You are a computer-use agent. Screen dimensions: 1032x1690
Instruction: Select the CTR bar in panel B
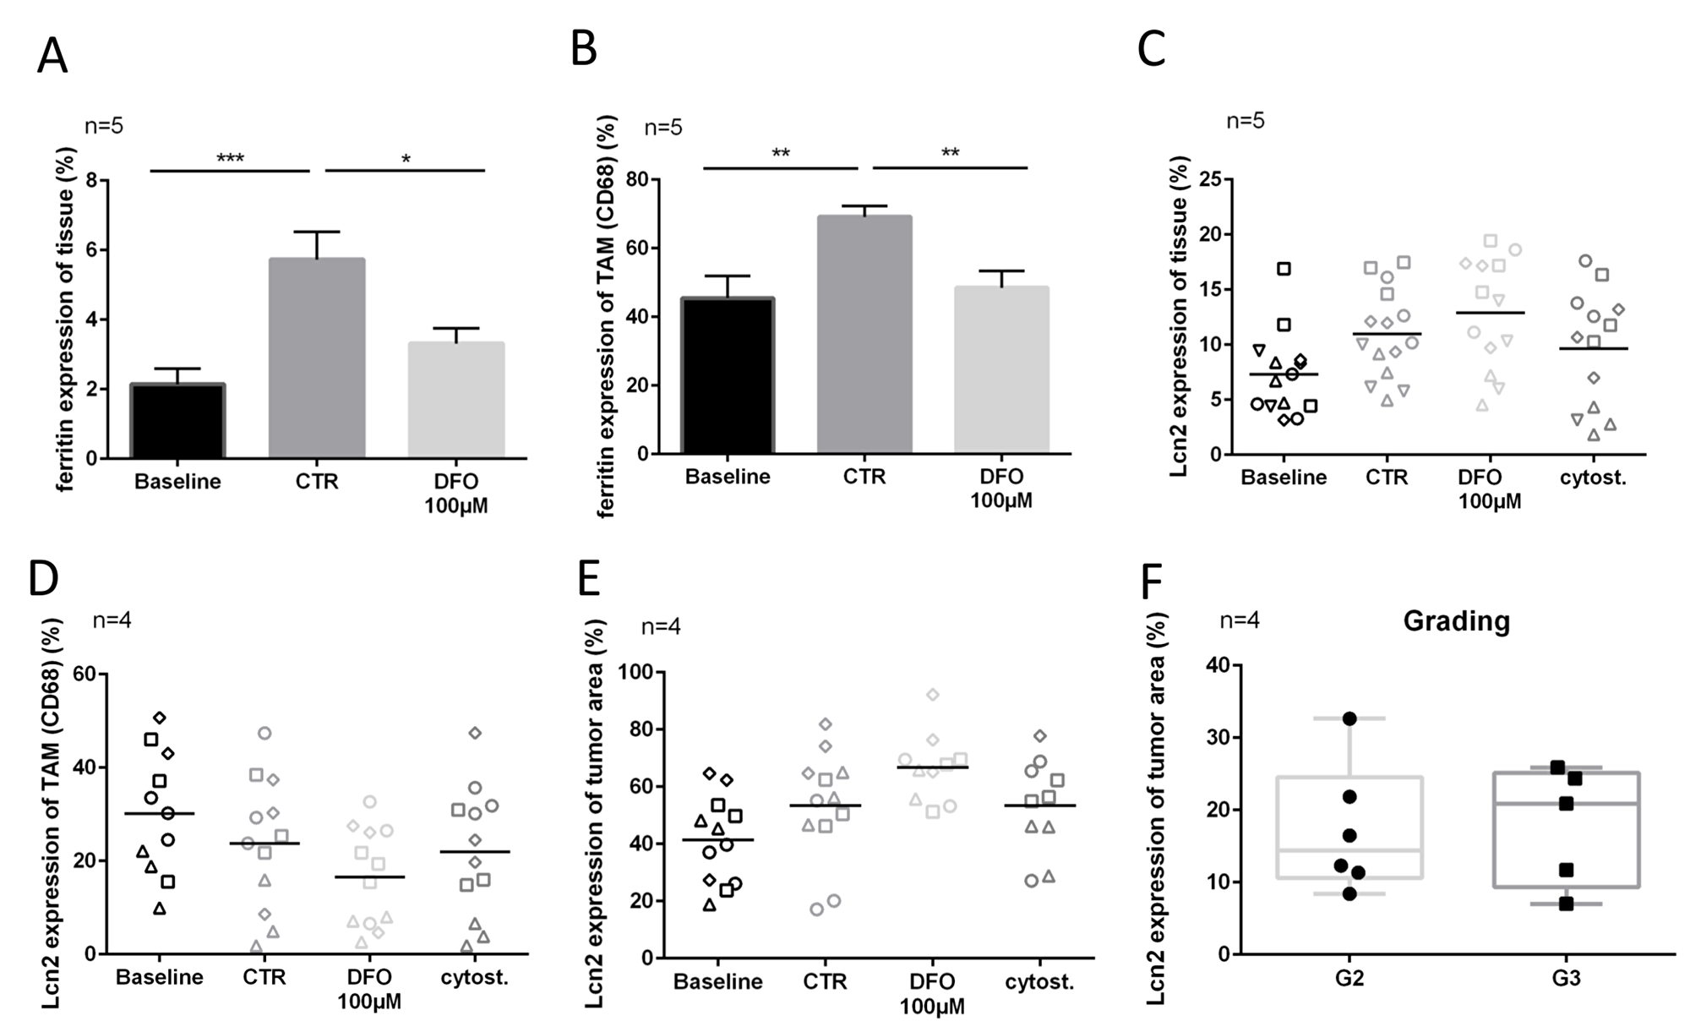(x=864, y=335)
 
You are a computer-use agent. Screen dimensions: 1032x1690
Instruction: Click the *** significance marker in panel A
(x=230, y=159)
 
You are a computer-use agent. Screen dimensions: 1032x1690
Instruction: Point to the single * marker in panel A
(x=406, y=160)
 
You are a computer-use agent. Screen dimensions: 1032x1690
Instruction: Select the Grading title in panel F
(x=1456, y=621)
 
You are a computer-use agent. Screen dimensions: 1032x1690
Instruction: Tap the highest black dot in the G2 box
(x=1349, y=718)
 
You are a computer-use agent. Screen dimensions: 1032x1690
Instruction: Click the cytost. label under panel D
(x=475, y=978)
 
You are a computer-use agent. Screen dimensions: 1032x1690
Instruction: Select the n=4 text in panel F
(x=1240, y=621)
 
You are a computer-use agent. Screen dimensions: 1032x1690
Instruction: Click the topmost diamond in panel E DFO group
(x=933, y=695)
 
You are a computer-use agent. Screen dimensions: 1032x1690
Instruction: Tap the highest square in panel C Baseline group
(x=1284, y=269)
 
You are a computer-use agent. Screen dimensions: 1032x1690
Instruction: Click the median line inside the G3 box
(x=1566, y=803)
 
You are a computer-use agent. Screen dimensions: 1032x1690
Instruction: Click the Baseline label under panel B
(x=728, y=478)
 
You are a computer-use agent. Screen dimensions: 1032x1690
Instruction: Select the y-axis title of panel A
(x=67, y=319)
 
